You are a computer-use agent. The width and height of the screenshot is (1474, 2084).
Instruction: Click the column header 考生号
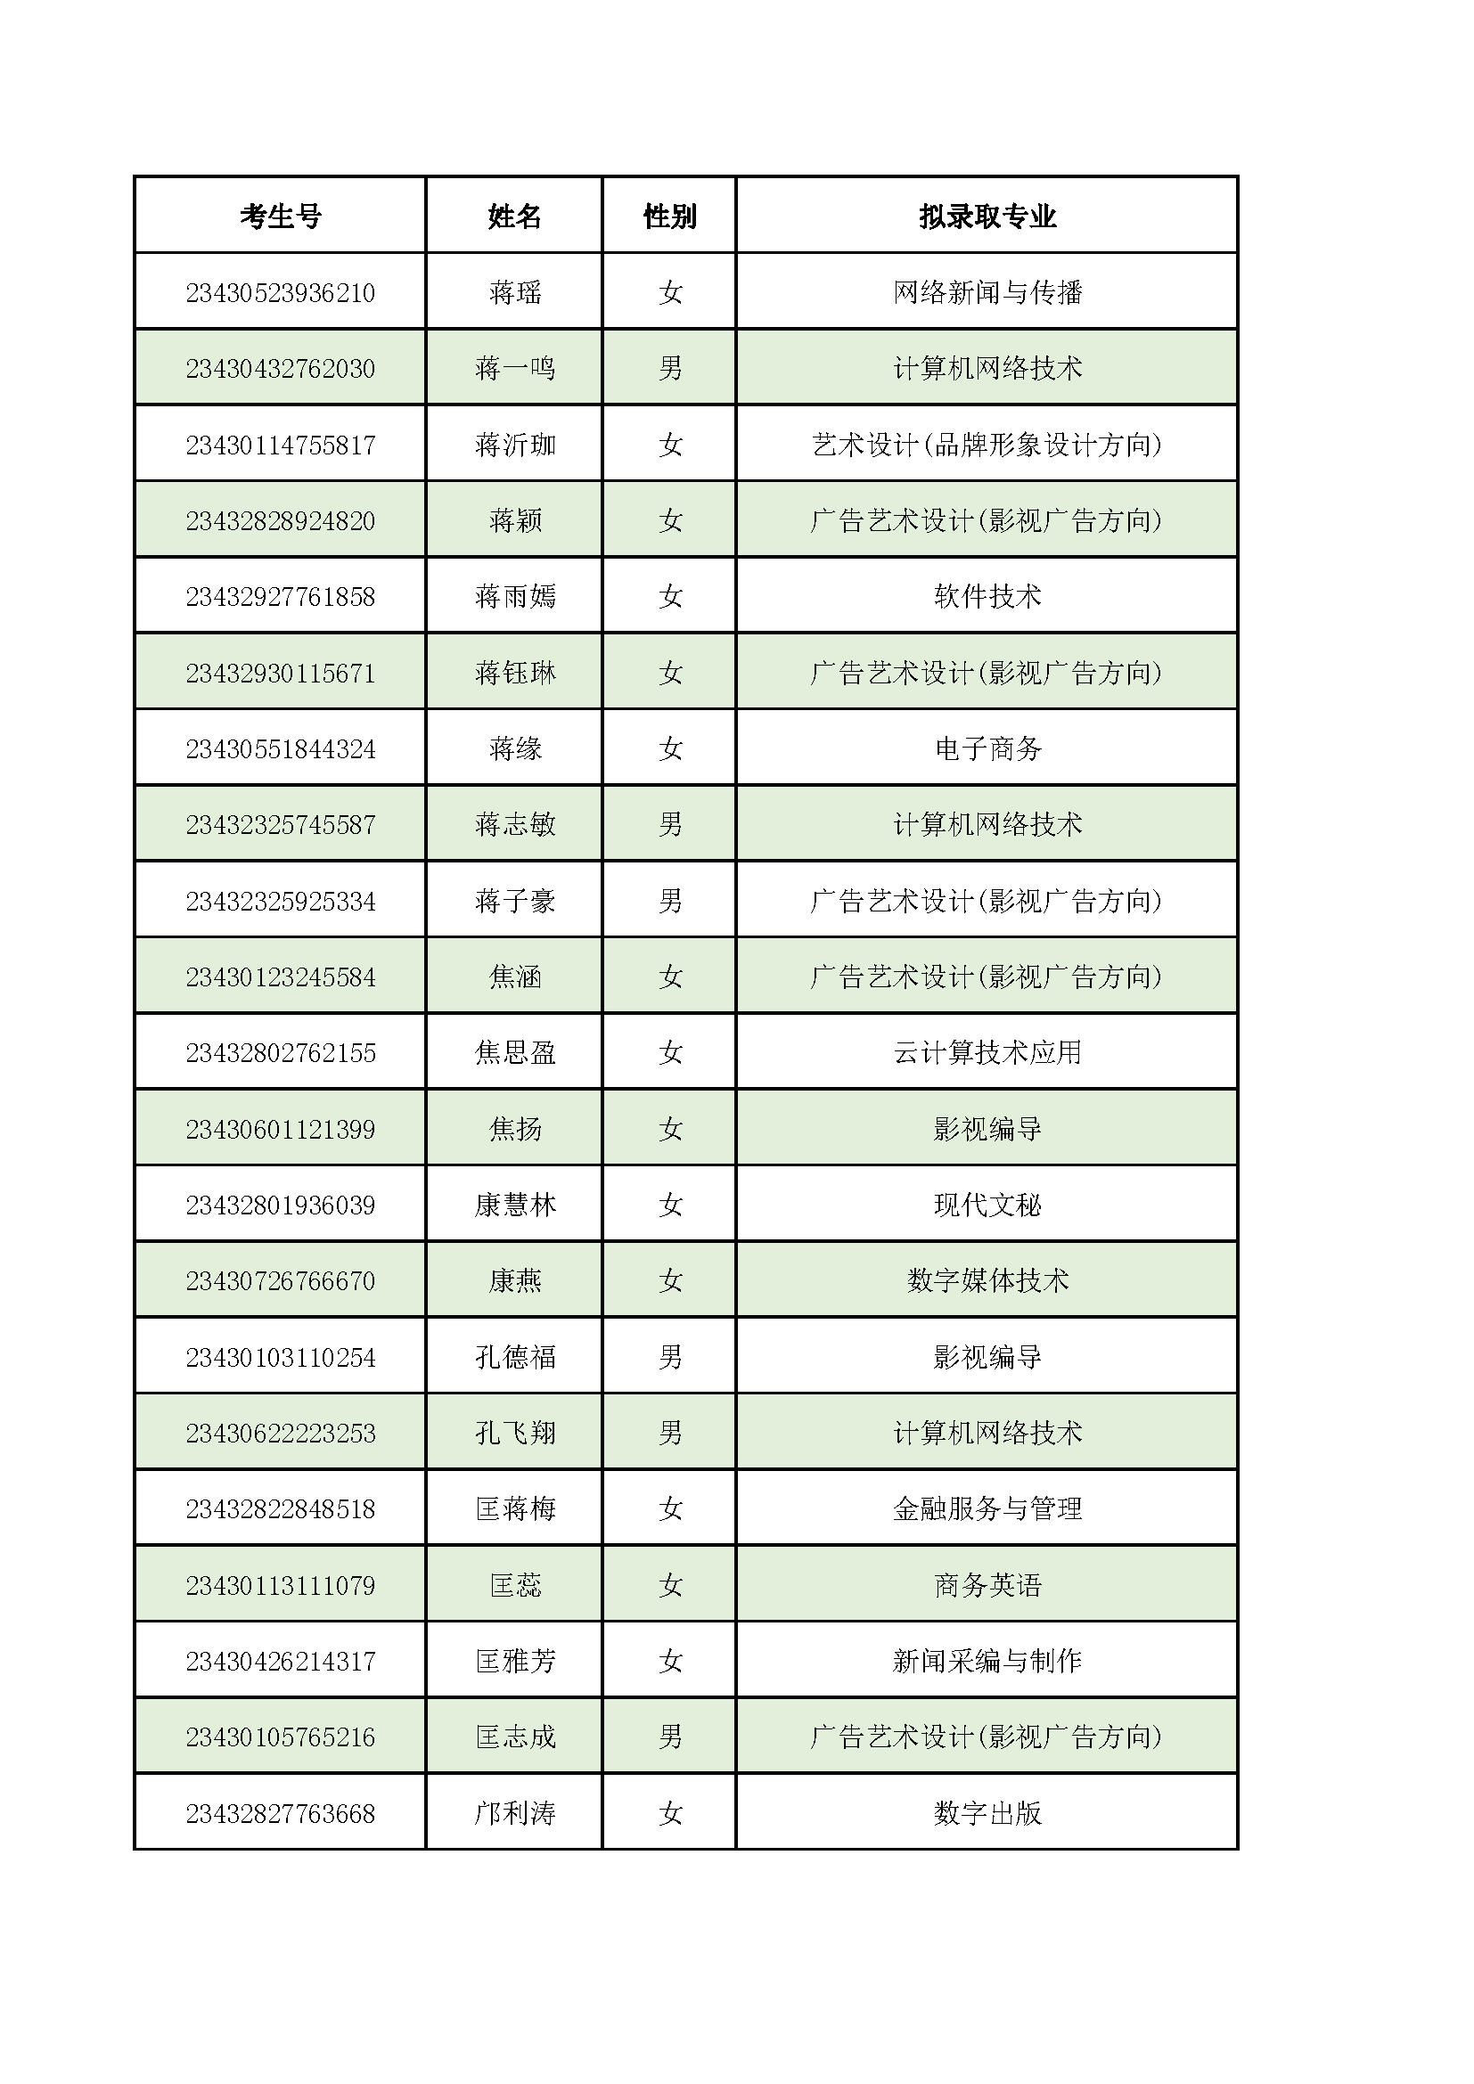tap(280, 216)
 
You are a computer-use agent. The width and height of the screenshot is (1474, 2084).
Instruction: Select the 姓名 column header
tap(513, 216)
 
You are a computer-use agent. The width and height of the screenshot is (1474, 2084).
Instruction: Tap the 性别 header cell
tap(669, 216)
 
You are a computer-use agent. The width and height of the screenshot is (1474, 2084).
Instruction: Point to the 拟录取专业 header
tap(987, 216)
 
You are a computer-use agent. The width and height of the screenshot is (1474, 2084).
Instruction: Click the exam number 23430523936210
tap(280, 292)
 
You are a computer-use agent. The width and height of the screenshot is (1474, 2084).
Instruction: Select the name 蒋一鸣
tap(513, 369)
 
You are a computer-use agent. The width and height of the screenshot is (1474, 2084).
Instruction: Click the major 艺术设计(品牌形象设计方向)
tap(987, 445)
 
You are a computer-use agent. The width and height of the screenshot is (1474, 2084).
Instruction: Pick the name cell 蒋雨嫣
tap(513, 596)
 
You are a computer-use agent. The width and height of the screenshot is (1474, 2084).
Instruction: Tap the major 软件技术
tap(987, 596)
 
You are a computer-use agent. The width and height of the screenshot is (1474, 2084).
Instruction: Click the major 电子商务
tap(987, 748)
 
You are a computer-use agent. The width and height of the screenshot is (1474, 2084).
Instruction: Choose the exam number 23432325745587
tap(280, 825)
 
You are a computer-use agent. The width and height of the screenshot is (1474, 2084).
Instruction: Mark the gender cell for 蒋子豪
tap(669, 902)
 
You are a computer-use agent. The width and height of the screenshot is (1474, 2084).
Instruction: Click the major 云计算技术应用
tap(987, 1053)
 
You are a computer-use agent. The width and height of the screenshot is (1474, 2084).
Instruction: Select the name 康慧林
tap(513, 1205)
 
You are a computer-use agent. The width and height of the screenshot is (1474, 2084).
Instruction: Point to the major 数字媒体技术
tap(987, 1280)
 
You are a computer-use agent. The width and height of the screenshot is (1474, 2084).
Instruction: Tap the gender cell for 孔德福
tap(669, 1357)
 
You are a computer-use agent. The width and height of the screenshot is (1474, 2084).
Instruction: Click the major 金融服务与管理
tap(987, 1509)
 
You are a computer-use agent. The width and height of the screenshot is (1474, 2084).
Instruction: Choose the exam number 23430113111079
tap(280, 1586)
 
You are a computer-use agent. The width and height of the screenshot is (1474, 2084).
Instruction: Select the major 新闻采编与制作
tap(987, 1661)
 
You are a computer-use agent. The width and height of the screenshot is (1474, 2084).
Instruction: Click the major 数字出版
tap(987, 1813)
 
